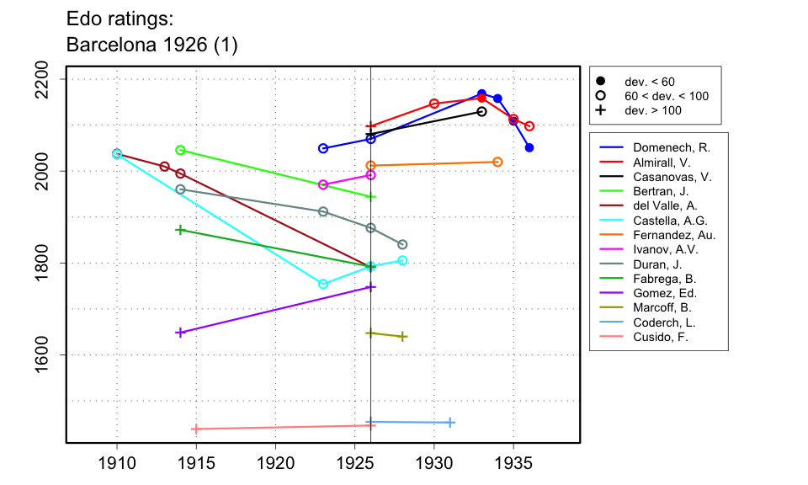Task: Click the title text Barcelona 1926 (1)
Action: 151,45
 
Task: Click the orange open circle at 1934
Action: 497,162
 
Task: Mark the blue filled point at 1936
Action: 529,148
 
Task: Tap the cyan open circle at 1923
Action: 323,284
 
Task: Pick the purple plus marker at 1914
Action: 180,333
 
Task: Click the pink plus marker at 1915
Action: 196,429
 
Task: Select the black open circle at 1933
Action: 481,111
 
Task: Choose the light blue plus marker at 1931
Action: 450,423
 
